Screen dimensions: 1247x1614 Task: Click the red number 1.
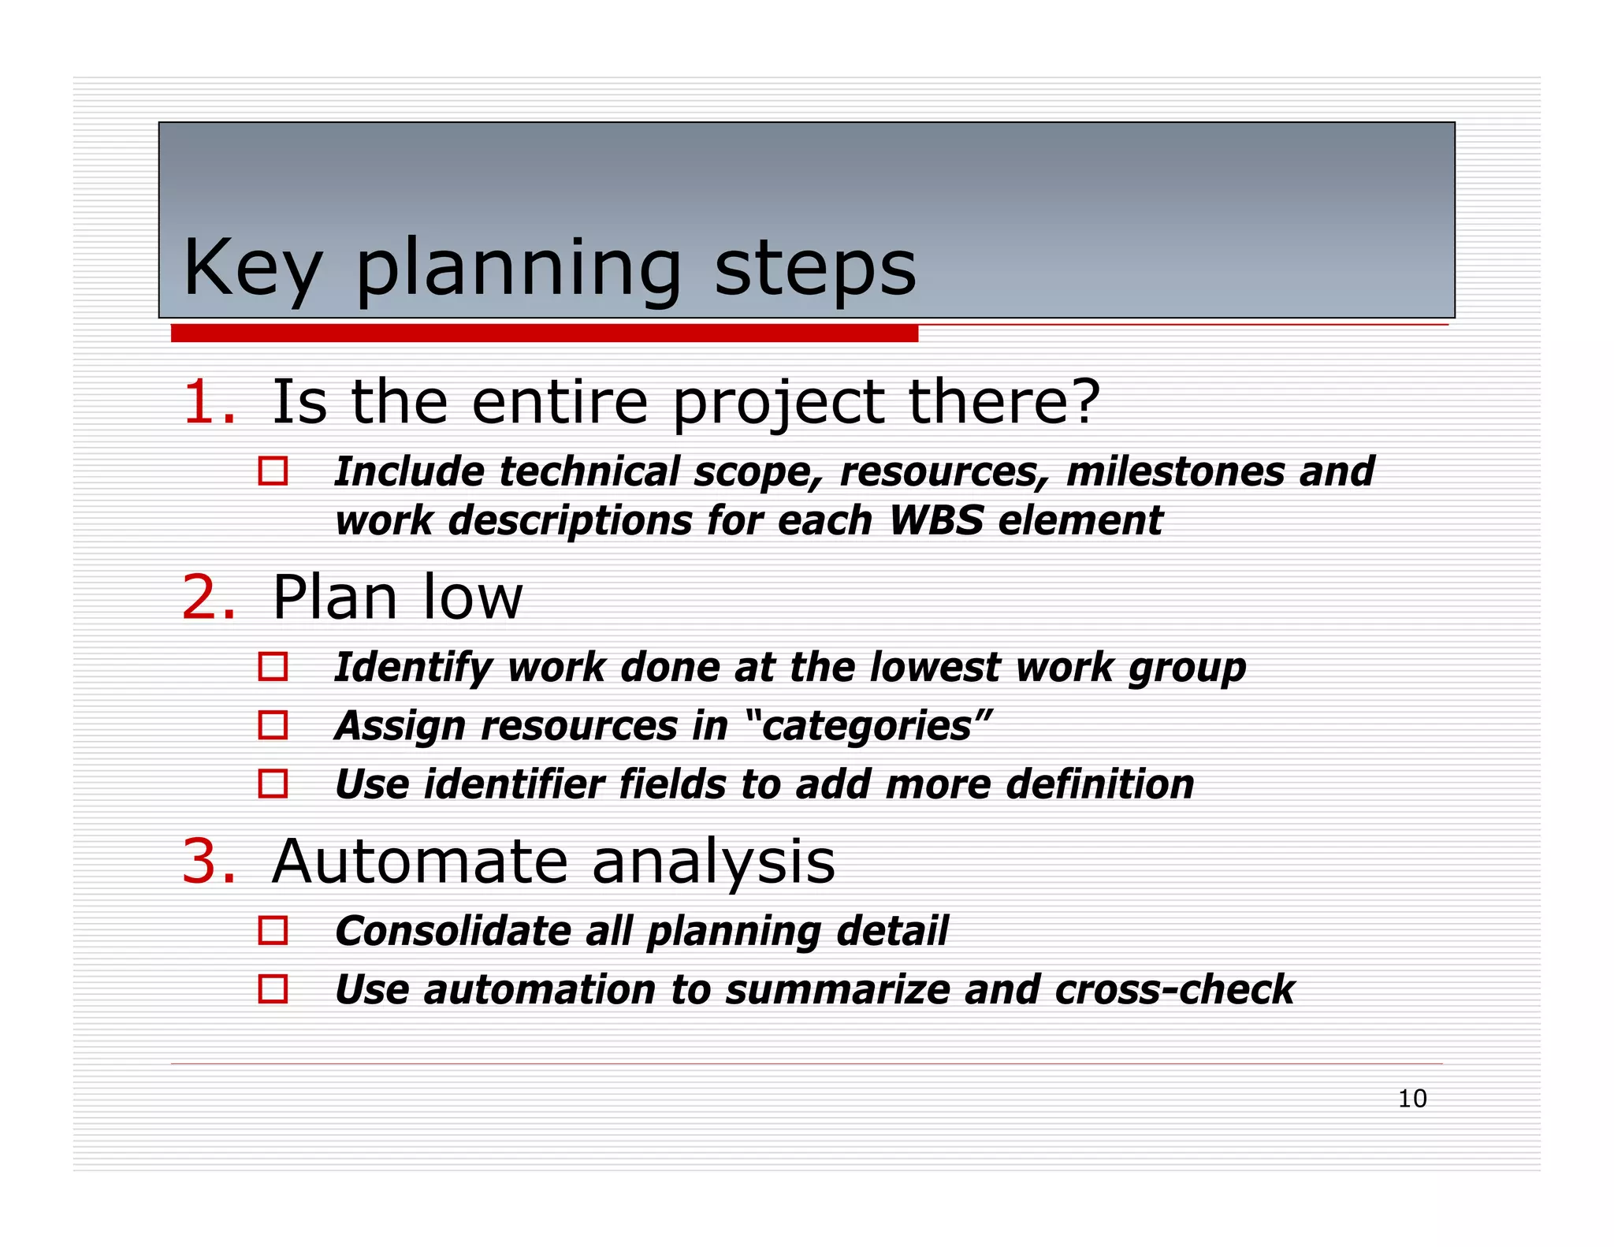pyautogui.click(x=207, y=403)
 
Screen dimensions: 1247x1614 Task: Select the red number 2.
pyautogui.click(x=207, y=597)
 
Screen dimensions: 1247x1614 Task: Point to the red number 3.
pyautogui.click(x=207, y=862)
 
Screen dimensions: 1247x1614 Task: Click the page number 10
pyautogui.click(x=1411, y=1099)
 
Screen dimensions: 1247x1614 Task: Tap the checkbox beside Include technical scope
pyautogui.click(x=273, y=471)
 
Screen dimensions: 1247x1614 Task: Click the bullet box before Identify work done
pyautogui.click(x=273, y=667)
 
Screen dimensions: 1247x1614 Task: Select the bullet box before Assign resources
pyautogui.click(x=273, y=725)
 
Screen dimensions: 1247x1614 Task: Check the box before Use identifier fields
pyautogui.click(x=273, y=784)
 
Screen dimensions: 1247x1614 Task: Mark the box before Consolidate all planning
pyautogui.click(x=273, y=931)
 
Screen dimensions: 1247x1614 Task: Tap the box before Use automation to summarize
pyautogui.click(x=273, y=989)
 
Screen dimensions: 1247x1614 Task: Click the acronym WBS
pyautogui.click(x=935, y=521)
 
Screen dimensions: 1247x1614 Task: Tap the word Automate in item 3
pyautogui.click(x=419, y=862)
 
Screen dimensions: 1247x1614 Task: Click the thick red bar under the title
pyautogui.click(x=544, y=333)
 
